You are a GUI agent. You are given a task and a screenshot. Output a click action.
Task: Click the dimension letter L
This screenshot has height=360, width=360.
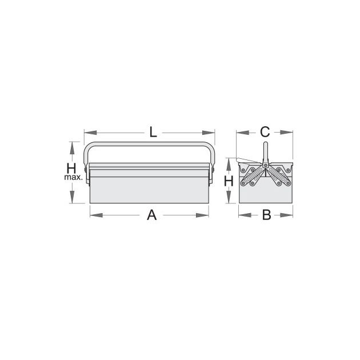coord(153,132)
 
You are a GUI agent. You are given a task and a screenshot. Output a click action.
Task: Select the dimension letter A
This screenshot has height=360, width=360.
coord(152,215)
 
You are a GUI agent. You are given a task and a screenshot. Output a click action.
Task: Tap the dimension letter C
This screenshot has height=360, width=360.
coord(265,132)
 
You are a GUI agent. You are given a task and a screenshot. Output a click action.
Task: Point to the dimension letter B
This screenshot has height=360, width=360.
coord(266,215)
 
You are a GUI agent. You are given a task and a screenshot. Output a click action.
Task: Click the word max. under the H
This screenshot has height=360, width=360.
coord(73,177)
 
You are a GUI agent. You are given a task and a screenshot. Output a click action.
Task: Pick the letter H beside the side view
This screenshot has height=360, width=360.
coord(229,181)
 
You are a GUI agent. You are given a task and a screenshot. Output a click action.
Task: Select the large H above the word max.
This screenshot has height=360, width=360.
coord(71,169)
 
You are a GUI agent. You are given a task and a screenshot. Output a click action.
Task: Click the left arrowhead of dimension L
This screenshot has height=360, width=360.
coord(90,133)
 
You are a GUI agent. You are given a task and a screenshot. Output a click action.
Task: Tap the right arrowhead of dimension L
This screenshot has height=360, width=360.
coord(209,133)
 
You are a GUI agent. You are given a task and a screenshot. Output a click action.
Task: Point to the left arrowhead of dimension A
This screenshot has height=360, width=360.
coord(96,215)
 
